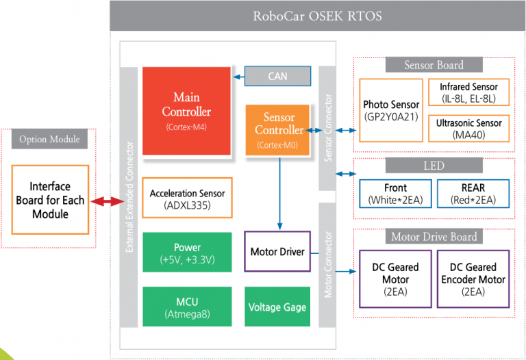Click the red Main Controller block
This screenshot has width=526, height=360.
point(186,111)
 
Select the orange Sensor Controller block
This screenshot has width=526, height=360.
point(277,130)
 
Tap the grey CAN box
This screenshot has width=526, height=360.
point(278,76)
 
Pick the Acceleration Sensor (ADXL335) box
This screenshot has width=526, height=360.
point(187,198)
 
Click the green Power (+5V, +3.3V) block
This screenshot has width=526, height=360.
point(187,252)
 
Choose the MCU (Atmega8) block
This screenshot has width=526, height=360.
point(187,307)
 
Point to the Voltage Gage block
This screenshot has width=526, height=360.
point(277,307)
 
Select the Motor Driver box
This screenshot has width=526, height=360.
point(277,251)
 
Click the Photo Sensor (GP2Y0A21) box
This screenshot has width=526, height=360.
point(391,110)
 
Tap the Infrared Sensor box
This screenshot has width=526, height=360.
point(469,92)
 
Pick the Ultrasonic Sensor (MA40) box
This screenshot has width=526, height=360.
point(469,129)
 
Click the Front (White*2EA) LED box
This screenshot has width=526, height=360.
point(395,194)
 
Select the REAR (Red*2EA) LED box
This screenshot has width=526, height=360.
point(473,194)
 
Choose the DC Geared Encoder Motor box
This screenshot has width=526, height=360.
point(473,279)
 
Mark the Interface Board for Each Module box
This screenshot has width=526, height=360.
point(50,200)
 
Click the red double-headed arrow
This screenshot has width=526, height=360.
point(108,201)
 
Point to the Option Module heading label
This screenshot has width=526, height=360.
point(49,139)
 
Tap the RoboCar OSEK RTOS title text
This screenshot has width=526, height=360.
point(317,16)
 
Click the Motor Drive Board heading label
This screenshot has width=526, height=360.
point(434,237)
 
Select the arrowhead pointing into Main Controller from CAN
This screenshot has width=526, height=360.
point(236,77)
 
